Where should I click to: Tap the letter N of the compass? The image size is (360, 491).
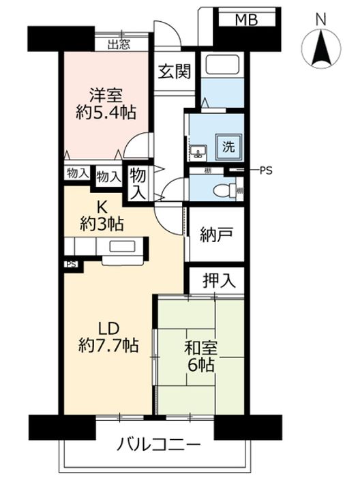pyautogui.click(x=320, y=20)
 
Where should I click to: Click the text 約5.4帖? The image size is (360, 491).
pyautogui.click(x=104, y=113)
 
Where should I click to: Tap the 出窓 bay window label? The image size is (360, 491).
pyautogui.click(x=119, y=44)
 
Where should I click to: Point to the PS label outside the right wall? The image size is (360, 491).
pyautogui.click(x=265, y=170)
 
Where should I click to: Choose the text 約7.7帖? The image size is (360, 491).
pyautogui.click(x=110, y=346)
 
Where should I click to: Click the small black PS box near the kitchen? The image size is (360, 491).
pyautogui.click(x=71, y=263)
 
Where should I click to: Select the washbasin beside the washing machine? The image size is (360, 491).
pyautogui.click(x=198, y=150)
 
